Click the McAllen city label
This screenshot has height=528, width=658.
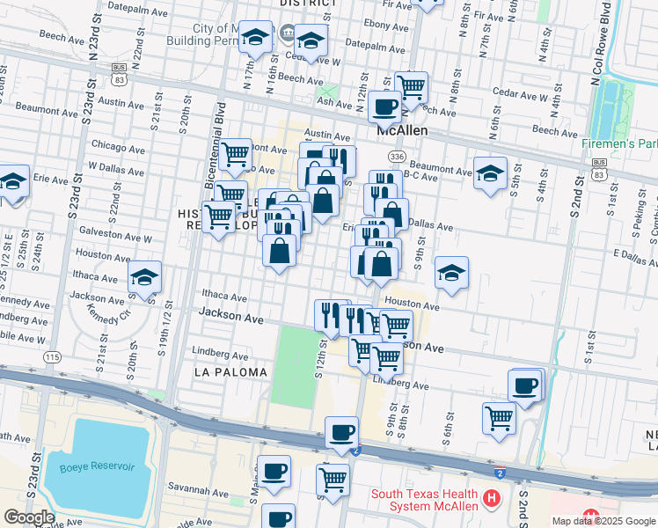coord(402,130)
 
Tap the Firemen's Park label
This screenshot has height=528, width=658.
coord(620,143)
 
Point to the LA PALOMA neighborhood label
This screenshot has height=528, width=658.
coord(223,372)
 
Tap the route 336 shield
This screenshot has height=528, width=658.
coord(397,156)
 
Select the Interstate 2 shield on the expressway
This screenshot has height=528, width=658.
coord(500,473)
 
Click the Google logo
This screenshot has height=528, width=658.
coord(29,517)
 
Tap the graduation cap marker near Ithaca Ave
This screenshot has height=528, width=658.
coord(144,277)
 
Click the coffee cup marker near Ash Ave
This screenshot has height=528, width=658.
coord(384,106)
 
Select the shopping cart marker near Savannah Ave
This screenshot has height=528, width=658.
coord(333,479)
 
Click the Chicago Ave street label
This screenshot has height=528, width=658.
coord(118,145)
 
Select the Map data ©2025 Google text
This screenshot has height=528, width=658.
coord(603,521)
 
